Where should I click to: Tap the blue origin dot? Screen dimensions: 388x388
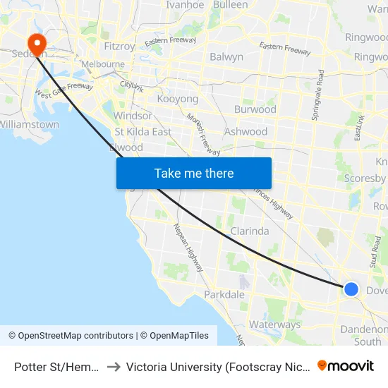[351, 289]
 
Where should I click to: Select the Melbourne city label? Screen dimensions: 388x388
[103, 64]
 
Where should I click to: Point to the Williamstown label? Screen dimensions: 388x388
[30, 124]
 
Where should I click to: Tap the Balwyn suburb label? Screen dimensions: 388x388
[226, 56]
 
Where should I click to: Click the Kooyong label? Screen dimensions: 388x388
[177, 99]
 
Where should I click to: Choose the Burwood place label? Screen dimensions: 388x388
[255, 109]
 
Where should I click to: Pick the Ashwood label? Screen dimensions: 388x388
[245, 131]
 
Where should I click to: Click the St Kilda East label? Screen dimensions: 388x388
[143, 131]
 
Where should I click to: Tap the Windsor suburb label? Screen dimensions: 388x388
[133, 116]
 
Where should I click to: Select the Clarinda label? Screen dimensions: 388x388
[250, 231]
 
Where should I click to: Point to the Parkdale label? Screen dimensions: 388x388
[224, 294]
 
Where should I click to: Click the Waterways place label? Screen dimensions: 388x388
[274, 325]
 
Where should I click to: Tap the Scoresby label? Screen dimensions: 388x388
[364, 178]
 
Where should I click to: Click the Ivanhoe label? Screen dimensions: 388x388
[184, 5]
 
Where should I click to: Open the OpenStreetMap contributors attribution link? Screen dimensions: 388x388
[71, 336]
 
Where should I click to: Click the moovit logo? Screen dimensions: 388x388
[346, 366]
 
